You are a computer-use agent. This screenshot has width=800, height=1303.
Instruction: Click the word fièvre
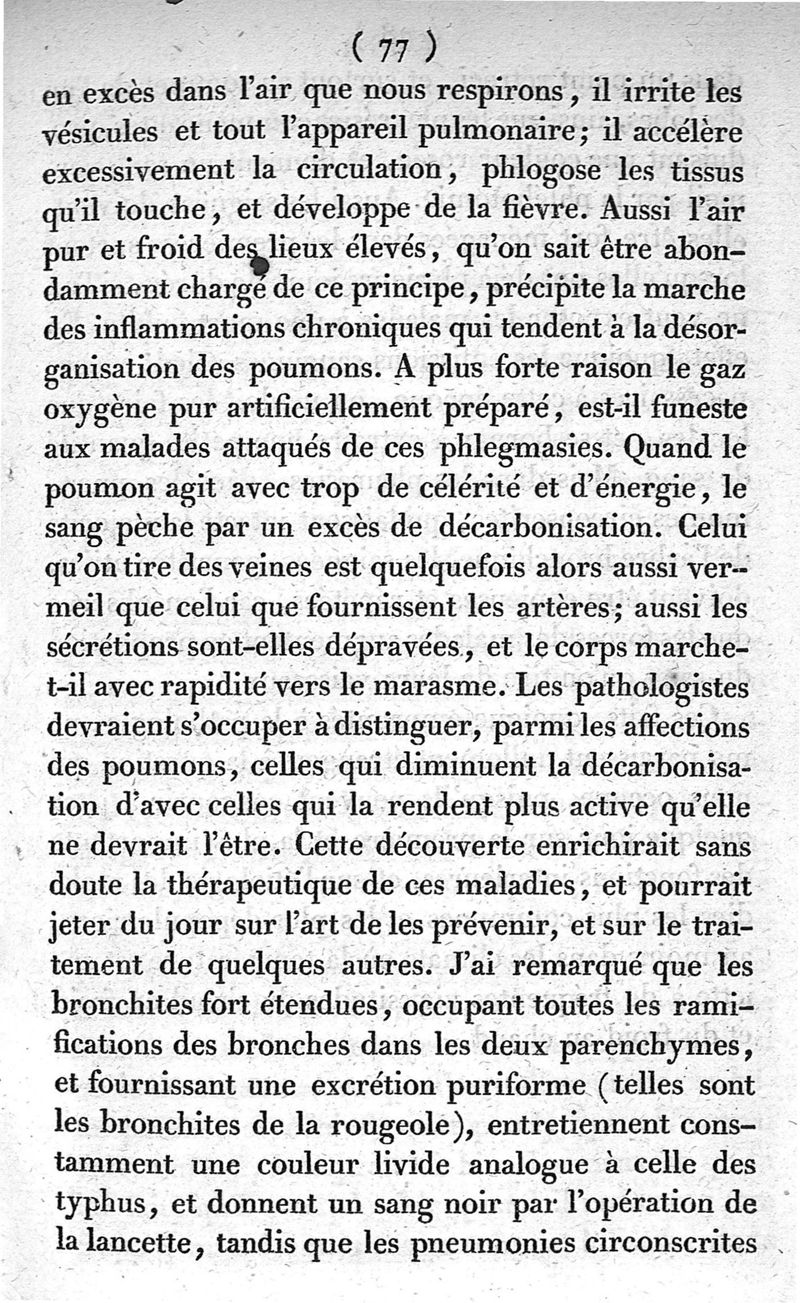click(538, 211)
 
